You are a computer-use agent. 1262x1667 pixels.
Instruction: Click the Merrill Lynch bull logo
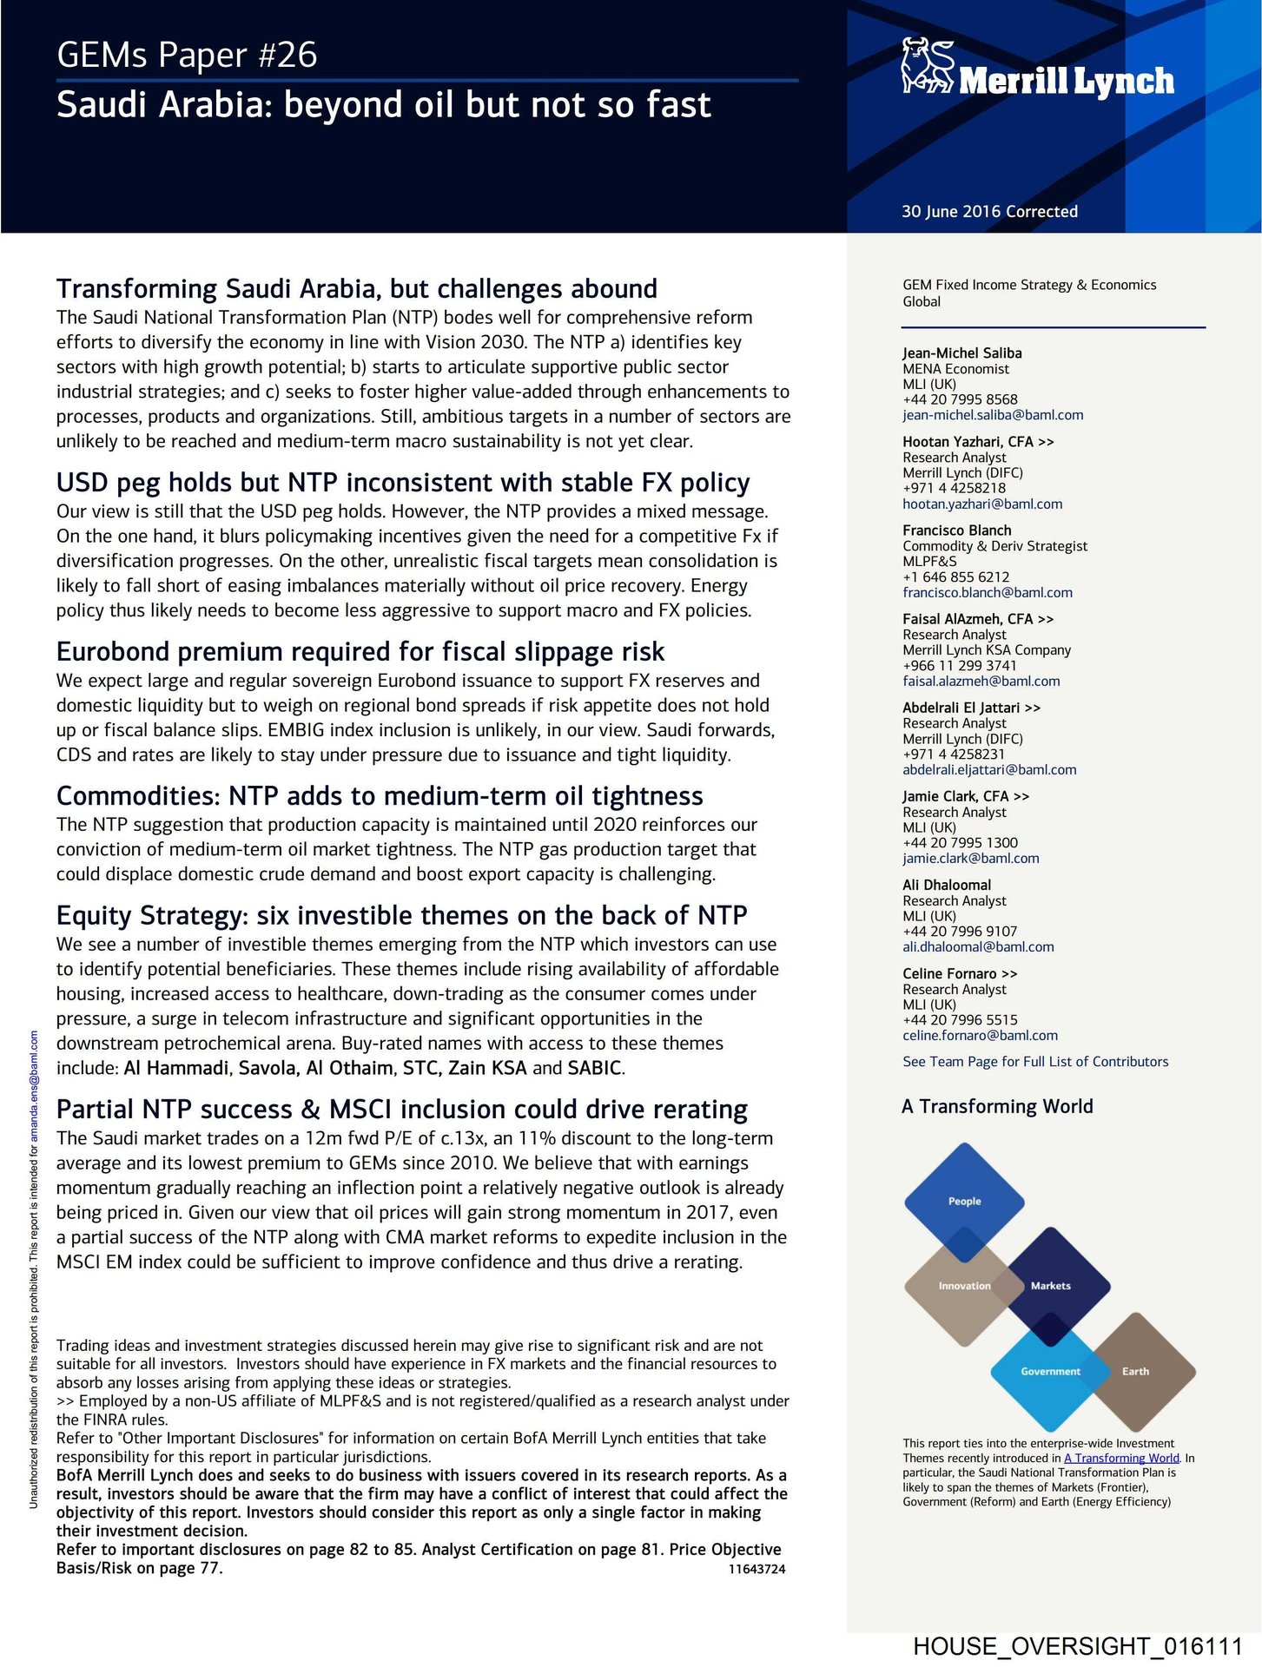coord(927,66)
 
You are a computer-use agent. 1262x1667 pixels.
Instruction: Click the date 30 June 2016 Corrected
coord(989,211)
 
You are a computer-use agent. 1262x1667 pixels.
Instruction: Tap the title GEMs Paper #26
coord(187,55)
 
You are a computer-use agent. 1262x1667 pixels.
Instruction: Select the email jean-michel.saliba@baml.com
coord(993,415)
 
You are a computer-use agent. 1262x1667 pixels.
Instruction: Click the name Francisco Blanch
coord(956,530)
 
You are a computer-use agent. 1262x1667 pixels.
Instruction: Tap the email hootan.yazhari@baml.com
coord(982,504)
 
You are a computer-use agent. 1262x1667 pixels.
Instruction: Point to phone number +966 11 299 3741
coord(959,665)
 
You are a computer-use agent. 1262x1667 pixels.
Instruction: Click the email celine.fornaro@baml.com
coord(980,1035)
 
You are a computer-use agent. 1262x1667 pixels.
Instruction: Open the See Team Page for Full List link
coord(1035,1061)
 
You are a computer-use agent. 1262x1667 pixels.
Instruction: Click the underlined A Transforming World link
coord(1121,1458)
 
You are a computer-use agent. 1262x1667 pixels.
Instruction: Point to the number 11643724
coord(757,1569)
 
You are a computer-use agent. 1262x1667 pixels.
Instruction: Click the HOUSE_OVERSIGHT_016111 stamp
coord(1077,1646)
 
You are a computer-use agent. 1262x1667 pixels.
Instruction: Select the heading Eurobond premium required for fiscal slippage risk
coord(360,651)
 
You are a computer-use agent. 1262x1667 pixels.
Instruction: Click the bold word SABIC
coord(595,1068)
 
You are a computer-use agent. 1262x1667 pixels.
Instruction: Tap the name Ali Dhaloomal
coord(946,885)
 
